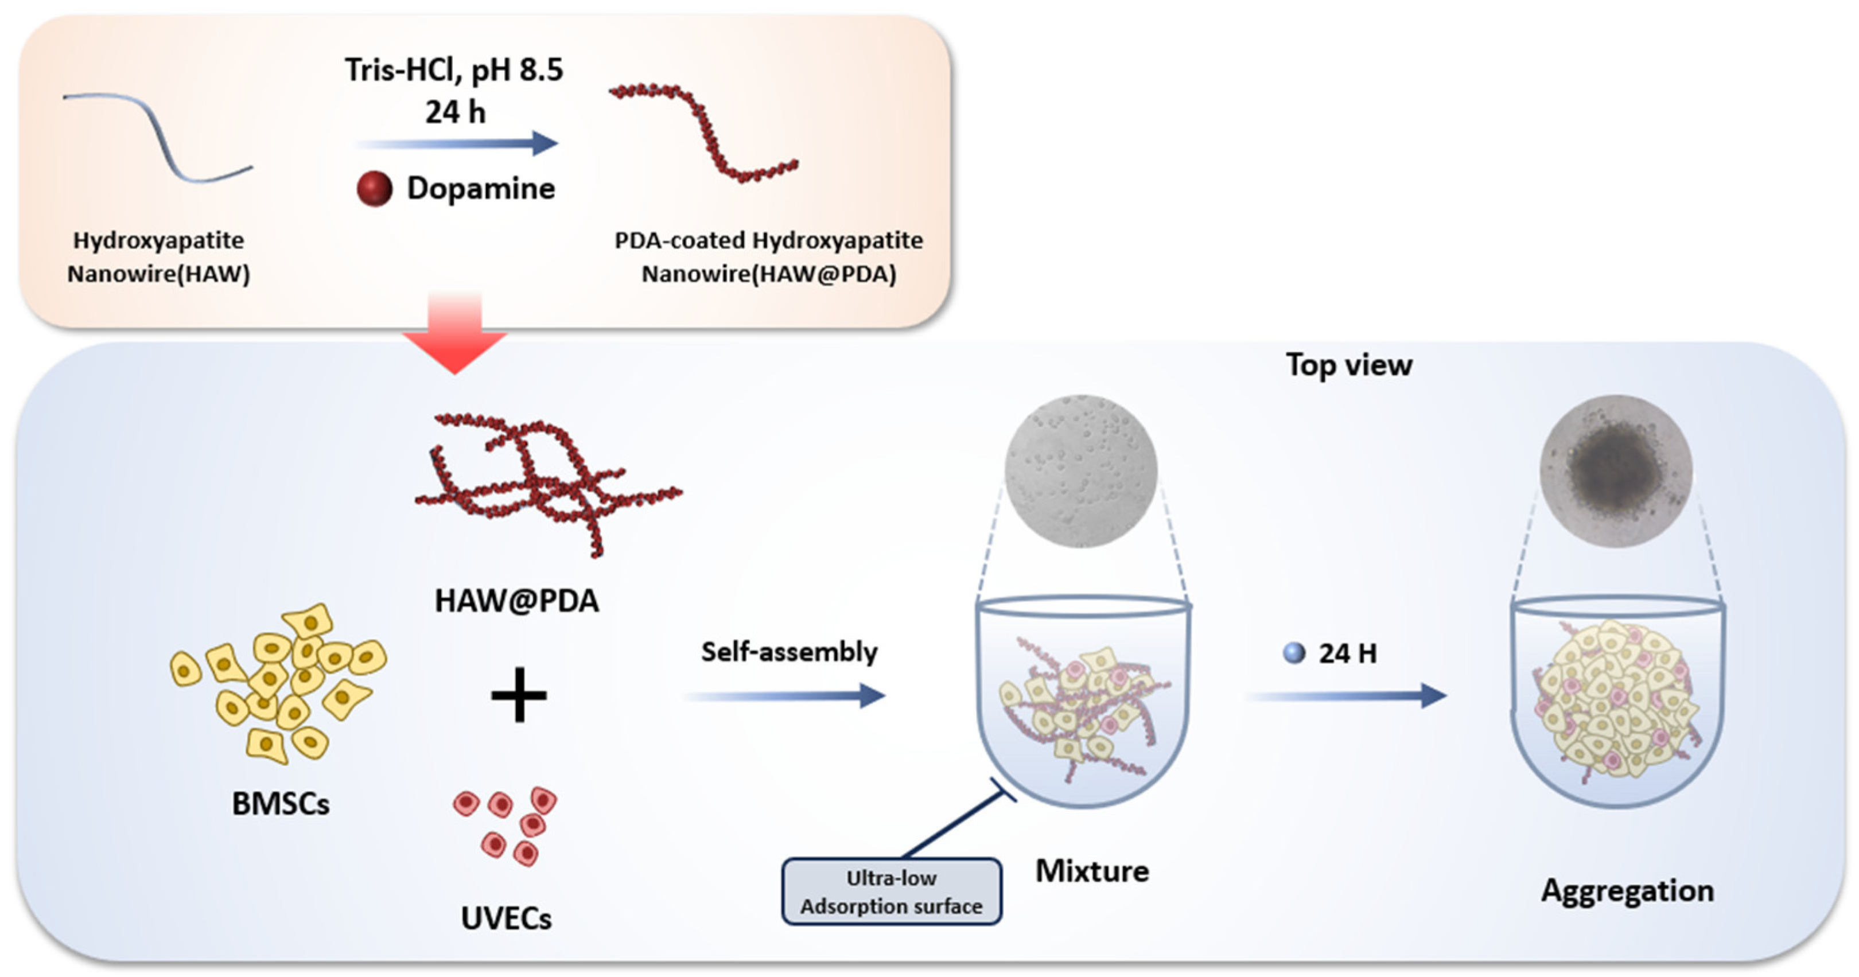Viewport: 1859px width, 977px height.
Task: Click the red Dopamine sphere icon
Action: (x=375, y=189)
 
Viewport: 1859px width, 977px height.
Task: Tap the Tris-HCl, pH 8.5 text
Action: (x=453, y=70)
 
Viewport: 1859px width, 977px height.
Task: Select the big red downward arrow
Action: (x=454, y=336)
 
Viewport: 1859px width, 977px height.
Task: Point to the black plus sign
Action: (x=519, y=695)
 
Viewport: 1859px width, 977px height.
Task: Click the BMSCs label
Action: (x=281, y=804)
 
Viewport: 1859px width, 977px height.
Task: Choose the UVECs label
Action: (x=506, y=918)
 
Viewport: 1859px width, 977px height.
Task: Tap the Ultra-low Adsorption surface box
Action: (x=891, y=892)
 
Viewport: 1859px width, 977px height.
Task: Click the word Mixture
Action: (x=1092, y=871)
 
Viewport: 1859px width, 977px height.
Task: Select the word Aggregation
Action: (x=1627, y=890)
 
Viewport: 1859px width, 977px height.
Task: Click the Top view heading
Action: (x=1349, y=365)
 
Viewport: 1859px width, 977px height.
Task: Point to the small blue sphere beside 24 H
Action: (x=1294, y=653)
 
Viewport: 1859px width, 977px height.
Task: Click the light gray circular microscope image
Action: (x=1080, y=470)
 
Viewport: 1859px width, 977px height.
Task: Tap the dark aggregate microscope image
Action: (x=1615, y=470)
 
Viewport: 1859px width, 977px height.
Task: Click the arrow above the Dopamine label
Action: (x=457, y=143)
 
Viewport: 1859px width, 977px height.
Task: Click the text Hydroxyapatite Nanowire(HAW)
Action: (x=159, y=257)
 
